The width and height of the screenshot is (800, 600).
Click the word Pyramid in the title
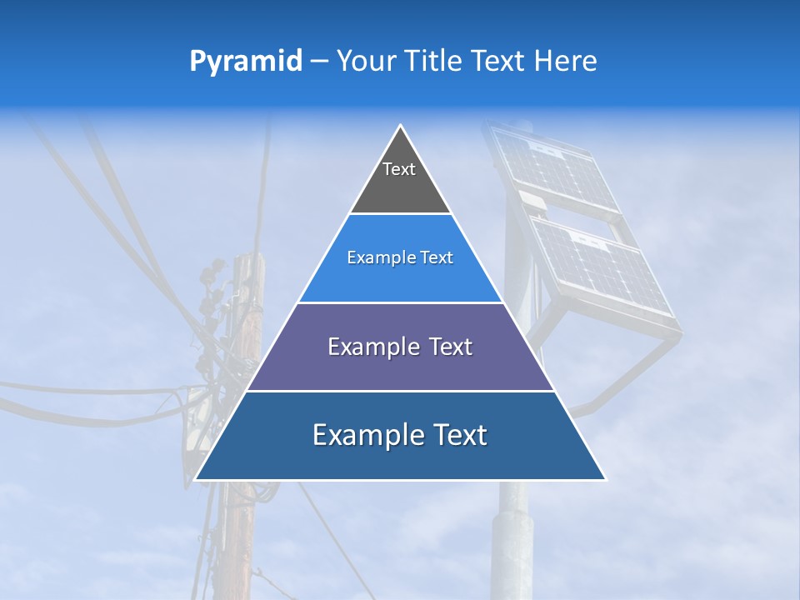coord(246,62)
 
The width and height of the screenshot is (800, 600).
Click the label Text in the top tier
coord(399,169)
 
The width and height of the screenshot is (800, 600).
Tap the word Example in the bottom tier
coord(366,435)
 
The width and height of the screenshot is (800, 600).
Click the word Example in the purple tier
coord(374,347)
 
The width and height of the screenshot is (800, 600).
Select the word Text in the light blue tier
coord(437,257)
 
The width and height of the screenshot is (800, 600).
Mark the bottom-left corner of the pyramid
coord(196,479)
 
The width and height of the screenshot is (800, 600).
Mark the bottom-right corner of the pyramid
coord(605,479)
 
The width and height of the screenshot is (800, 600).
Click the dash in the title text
coord(319,61)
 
